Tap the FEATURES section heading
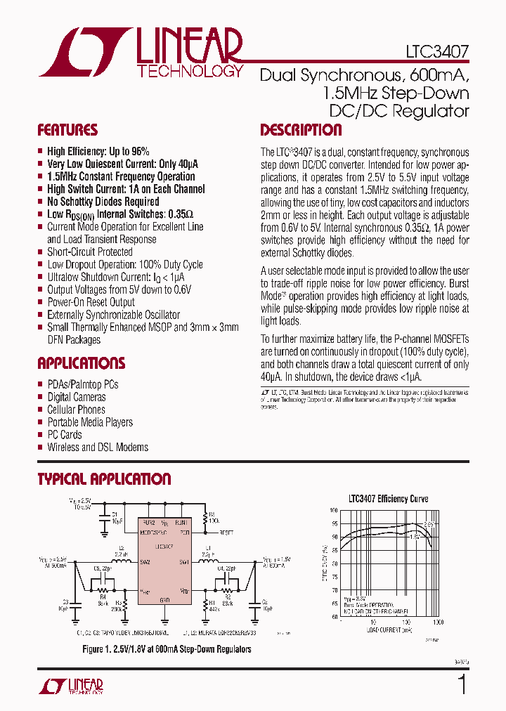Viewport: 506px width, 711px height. coord(67,130)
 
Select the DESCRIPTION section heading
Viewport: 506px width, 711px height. coord(301,130)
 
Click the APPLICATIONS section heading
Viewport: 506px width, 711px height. coord(81,363)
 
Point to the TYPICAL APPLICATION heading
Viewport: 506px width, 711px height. coord(104,479)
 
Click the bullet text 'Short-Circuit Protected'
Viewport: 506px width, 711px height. coord(89,252)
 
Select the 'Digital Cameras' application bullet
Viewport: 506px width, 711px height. coord(77,397)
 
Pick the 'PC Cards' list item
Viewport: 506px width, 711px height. coord(65,435)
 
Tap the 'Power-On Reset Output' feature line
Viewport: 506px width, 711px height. coord(91,302)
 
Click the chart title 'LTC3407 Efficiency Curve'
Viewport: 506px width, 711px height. coord(388,499)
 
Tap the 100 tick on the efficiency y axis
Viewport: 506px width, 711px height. coord(333,510)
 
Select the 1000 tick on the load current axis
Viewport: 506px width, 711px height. coord(438,622)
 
